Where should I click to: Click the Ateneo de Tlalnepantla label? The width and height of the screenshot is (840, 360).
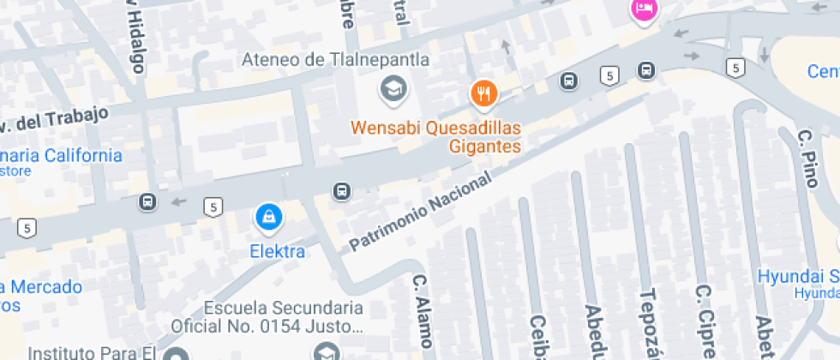point(335,60)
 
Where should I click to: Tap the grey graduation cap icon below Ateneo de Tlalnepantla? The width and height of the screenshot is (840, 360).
point(393,88)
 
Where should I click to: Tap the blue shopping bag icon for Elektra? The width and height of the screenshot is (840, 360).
point(270,218)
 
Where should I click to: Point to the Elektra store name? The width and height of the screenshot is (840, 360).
point(277,251)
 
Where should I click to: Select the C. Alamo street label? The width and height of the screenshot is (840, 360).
point(421,310)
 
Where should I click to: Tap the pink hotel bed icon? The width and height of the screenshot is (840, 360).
point(643,9)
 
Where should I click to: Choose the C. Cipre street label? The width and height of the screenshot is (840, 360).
point(704,321)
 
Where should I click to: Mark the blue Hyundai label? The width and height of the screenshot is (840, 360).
point(798,277)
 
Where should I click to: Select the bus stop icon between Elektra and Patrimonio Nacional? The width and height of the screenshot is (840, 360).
point(342,190)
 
